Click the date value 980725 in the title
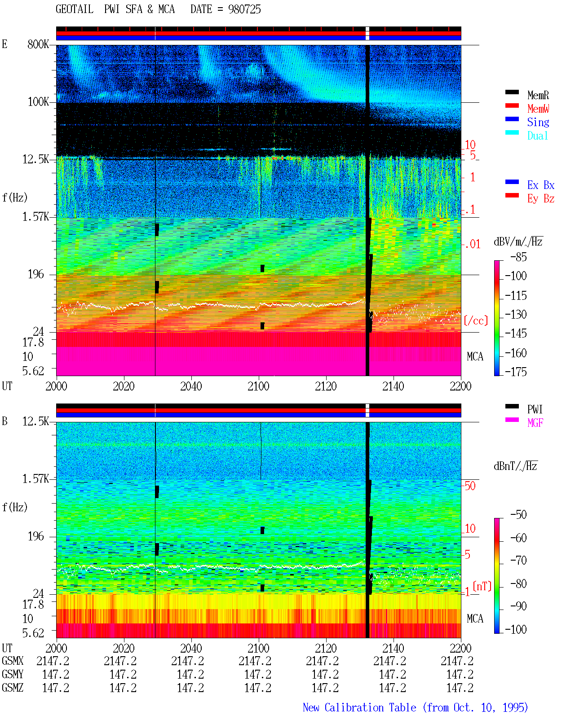pyautogui.click(x=244, y=9)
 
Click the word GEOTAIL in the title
pyautogui.click(x=75, y=9)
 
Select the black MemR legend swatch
pyautogui.click(x=512, y=92)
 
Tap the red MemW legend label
pyautogui.click(x=538, y=109)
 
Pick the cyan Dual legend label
pyautogui.click(x=538, y=136)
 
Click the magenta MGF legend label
pyautogui.click(x=535, y=423)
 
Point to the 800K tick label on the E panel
pyautogui.click(x=38, y=44)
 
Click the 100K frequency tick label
pyautogui.click(x=38, y=102)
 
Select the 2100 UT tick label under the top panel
pyautogui.click(x=258, y=386)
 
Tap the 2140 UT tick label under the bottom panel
pyautogui.click(x=393, y=648)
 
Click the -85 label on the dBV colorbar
pyautogui.click(x=518, y=257)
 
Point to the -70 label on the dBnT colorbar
pyautogui.click(x=518, y=561)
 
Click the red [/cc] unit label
pyautogui.click(x=476, y=320)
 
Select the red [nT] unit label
pyautogui.click(x=482, y=586)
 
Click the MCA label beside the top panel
pyautogui.click(x=475, y=356)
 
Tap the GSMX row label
pyautogui.click(x=13, y=661)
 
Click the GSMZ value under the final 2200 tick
pyautogui.click(x=460, y=688)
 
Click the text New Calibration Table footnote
pyautogui.click(x=359, y=708)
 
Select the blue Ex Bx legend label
pyautogui.click(x=541, y=185)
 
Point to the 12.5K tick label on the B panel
pyautogui.click(x=35, y=421)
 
